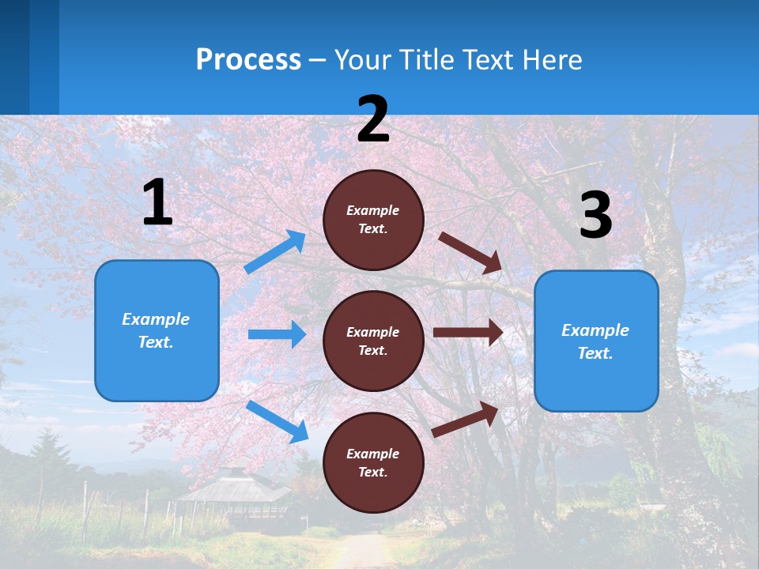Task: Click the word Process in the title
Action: tap(248, 60)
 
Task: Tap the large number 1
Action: tap(157, 203)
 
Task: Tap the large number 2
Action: tap(373, 119)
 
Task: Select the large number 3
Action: tap(595, 215)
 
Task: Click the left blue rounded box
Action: tap(157, 330)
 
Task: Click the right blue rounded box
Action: tap(596, 341)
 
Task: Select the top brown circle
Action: tap(373, 219)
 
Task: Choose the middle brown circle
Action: tap(373, 341)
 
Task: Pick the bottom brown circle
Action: tap(373, 462)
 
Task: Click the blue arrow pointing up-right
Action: tap(275, 252)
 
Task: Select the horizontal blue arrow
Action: tap(277, 334)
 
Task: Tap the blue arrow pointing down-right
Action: tap(277, 421)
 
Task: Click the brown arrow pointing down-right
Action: tap(470, 252)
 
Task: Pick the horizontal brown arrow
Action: tap(468, 333)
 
